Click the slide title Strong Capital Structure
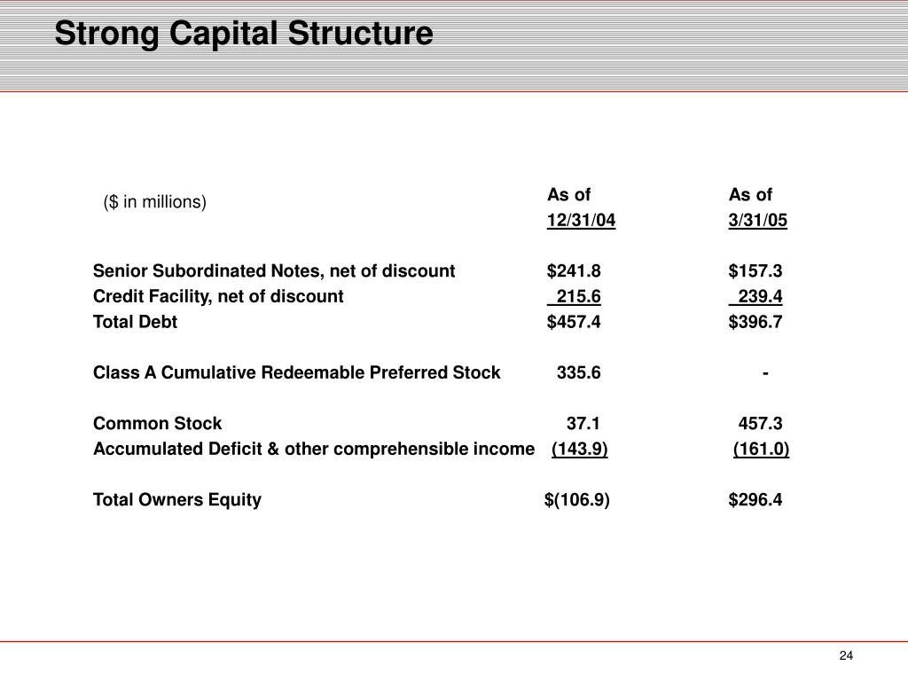coord(244,34)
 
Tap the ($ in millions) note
coord(154,202)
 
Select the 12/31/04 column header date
coord(581,220)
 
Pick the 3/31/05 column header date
coord(757,220)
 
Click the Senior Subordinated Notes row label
coord(274,270)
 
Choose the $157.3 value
coord(755,270)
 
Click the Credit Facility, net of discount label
coord(218,296)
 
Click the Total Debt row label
coord(135,322)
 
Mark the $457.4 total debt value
coord(574,322)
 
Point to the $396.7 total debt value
coord(755,322)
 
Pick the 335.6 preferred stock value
coord(578,372)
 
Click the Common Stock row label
coord(158,424)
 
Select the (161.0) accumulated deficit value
coord(761,450)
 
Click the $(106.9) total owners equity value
coord(576,500)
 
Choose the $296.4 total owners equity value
coord(755,500)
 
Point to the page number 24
coord(845,655)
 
